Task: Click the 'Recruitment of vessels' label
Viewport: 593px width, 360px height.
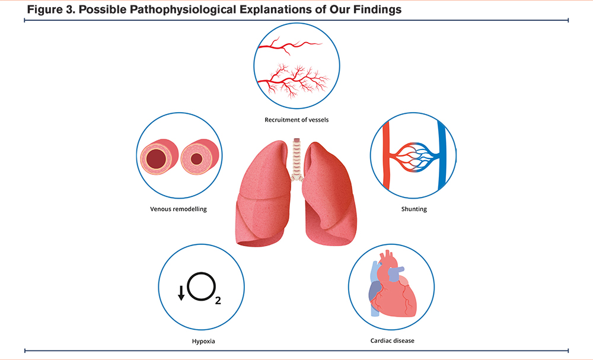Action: [x=296, y=120]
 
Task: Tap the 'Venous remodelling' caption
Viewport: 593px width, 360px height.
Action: [x=178, y=209]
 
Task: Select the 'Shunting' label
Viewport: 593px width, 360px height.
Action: [x=414, y=209]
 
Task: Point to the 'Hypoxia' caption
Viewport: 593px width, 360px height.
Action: [x=203, y=342]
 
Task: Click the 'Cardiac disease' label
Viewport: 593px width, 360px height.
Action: [x=393, y=340]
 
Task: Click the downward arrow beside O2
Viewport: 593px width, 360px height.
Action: [x=181, y=293]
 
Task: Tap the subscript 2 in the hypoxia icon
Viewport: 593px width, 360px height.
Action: [x=218, y=301]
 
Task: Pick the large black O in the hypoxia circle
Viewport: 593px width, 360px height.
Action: [x=201, y=286]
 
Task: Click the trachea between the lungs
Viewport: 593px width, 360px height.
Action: [x=297, y=159]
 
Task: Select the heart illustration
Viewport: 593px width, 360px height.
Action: [x=392, y=283]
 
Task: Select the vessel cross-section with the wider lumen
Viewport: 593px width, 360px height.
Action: [x=159, y=157]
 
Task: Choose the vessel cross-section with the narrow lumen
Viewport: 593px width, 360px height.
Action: [x=199, y=157]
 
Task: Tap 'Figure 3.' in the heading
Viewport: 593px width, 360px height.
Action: [x=51, y=9]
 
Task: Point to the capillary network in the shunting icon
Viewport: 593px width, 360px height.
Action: [x=414, y=156]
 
